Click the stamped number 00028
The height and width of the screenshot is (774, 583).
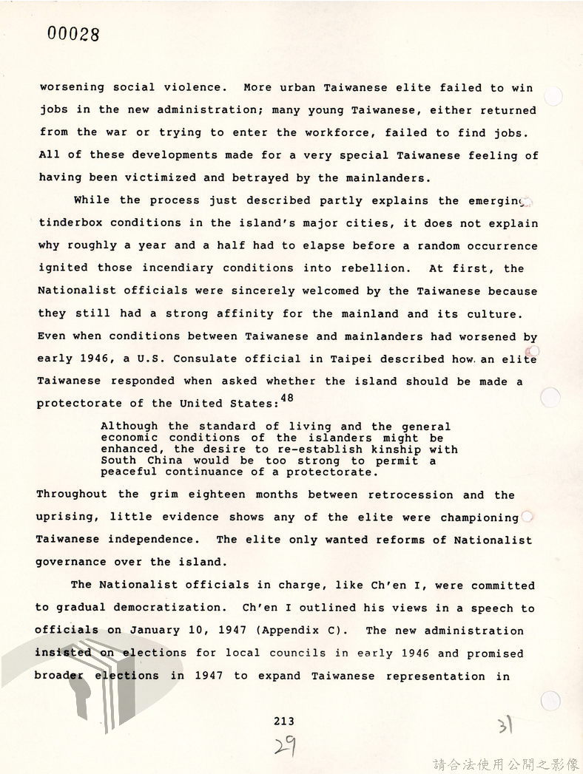coord(73,34)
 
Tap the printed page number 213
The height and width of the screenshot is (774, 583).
coord(283,721)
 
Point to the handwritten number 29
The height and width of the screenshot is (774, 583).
coord(286,746)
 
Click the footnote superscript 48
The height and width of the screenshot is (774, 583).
coord(287,398)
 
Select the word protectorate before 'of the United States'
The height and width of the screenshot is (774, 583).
coord(78,404)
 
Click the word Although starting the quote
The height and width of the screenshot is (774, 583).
coord(129,426)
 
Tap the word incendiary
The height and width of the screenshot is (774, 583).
coord(177,268)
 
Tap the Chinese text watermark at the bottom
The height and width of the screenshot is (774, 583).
coord(505,764)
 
